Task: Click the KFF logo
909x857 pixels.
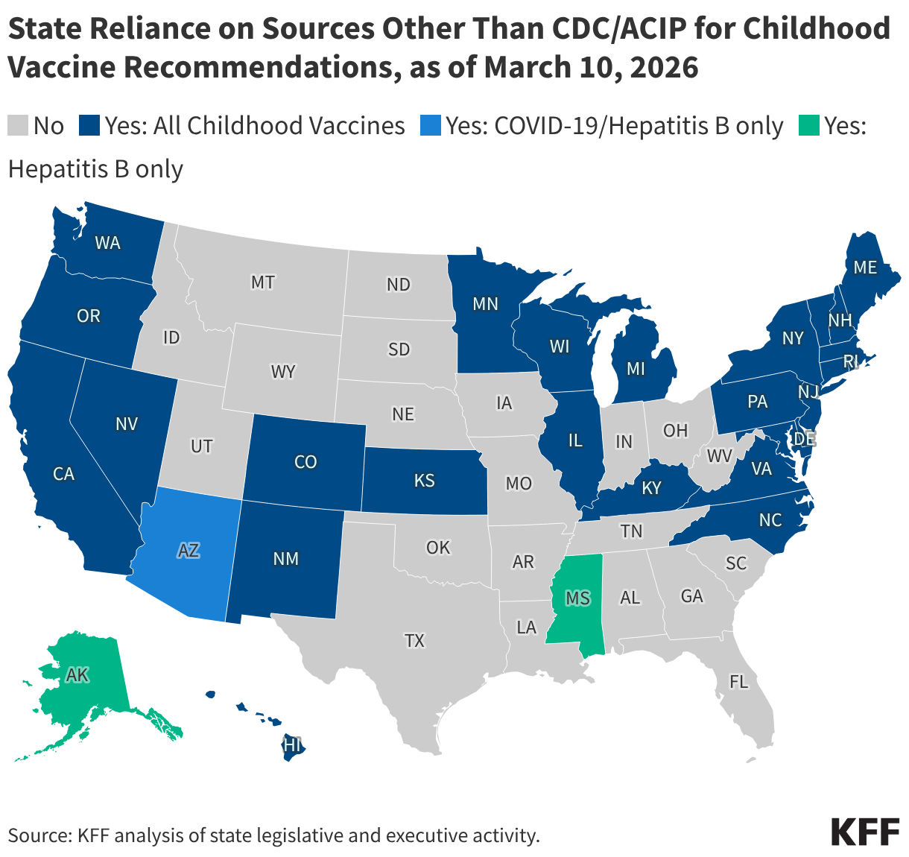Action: pyautogui.click(x=865, y=832)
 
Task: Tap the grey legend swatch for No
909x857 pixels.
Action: pyautogui.click(x=18, y=125)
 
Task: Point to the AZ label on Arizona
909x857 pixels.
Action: pyautogui.click(x=189, y=551)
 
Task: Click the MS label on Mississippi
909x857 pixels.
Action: pyautogui.click(x=577, y=598)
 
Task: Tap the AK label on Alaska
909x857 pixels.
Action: pyautogui.click(x=77, y=675)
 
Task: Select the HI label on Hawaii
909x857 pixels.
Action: pyautogui.click(x=293, y=744)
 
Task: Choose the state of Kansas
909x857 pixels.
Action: pyautogui.click(x=424, y=481)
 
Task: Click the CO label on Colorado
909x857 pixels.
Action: pyautogui.click(x=305, y=462)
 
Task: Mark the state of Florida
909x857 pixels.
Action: pyautogui.click(x=738, y=681)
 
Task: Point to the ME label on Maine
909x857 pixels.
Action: pyautogui.click(x=865, y=267)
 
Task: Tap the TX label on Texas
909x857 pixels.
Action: pyautogui.click(x=414, y=639)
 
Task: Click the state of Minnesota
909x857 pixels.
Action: pyautogui.click(x=485, y=303)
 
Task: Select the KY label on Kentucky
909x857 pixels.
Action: pyautogui.click(x=652, y=488)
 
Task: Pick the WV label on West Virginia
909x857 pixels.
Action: pyautogui.click(x=720, y=455)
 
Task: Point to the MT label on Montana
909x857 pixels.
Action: pyautogui.click(x=262, y=282)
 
